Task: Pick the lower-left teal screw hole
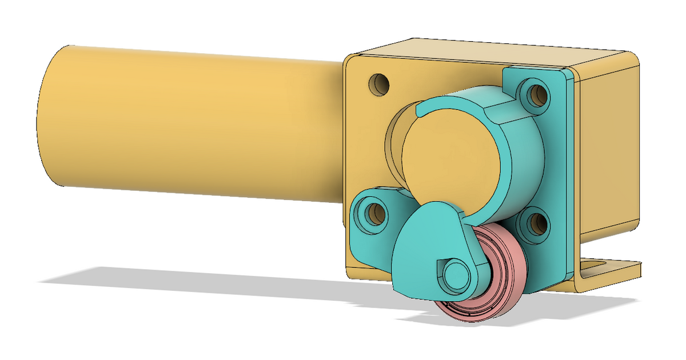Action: pyautogui.click(x=374, y=214)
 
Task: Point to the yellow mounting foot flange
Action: pyautogui.click(x=612, y=271)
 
